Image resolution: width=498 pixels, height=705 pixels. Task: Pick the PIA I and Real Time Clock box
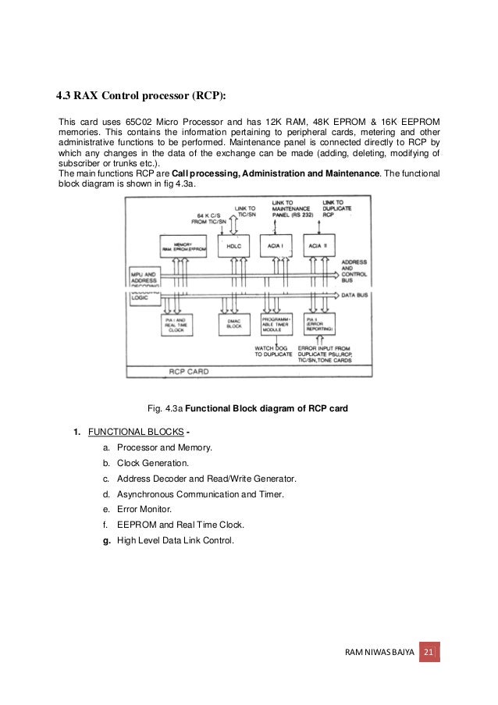180,324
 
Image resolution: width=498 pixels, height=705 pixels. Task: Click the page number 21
429,652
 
